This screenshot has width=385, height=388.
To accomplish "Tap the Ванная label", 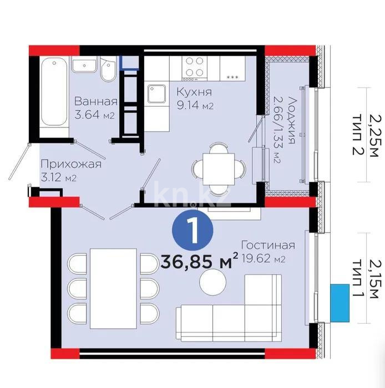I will (x=95, y=102).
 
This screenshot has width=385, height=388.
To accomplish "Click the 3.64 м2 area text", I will (x=94, y=115).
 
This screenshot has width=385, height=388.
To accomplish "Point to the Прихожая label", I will (x=70, y=164).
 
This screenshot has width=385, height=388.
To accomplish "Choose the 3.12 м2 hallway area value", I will (x=58, y=177).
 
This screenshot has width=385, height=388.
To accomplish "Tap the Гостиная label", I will (x=268, y=246).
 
